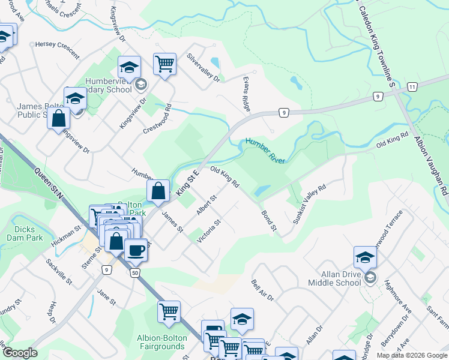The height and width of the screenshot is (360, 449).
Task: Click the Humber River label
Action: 265,149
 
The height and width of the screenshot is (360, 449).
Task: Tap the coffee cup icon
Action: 136,250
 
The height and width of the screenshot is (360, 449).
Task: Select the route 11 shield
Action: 411,87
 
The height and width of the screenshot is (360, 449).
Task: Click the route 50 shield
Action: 134,273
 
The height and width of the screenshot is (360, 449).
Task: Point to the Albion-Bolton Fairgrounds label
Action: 162,342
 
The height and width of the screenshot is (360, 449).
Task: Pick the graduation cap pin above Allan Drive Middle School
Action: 365,257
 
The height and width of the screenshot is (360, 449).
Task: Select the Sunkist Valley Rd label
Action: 309,204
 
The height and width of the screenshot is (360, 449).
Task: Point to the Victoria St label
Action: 209,231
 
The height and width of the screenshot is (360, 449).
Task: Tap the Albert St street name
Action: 206,205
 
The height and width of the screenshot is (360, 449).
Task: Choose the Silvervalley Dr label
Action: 203,67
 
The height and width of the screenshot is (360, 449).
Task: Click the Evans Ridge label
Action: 245,93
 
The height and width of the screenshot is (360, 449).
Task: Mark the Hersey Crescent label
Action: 57,49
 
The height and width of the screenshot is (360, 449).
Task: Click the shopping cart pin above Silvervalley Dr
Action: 164,63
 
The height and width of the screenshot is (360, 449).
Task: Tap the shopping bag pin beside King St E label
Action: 158,191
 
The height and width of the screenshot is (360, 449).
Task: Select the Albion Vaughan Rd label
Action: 430,165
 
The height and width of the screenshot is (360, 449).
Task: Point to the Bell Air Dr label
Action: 262,290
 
